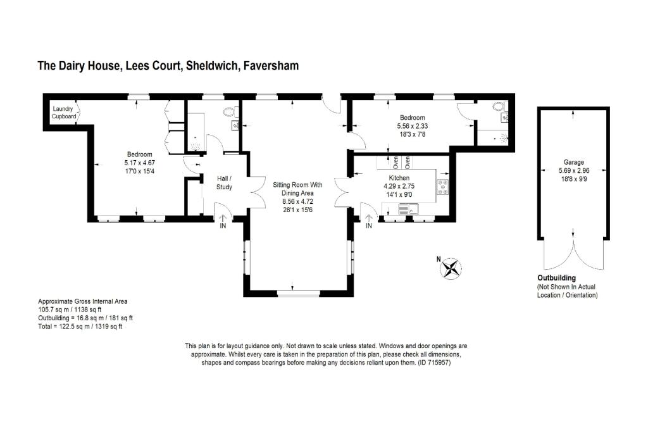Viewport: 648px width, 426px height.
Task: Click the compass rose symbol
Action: [451, 268]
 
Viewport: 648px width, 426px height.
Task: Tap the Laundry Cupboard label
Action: [64, 113]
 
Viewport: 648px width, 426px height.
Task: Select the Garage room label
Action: [573, 162]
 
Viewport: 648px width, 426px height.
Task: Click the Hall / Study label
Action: [224, 183]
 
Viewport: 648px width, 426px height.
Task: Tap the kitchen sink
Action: [405, 208]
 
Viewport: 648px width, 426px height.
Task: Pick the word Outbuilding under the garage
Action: [556, 278]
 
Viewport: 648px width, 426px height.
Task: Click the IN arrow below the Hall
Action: [223, 220]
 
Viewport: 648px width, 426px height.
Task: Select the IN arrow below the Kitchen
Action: [368, 220]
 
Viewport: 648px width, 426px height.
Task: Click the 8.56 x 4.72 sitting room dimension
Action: [297, 201]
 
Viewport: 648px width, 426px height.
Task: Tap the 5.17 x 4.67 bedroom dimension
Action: [139, 163]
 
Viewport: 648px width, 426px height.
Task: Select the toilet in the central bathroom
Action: [228, 113]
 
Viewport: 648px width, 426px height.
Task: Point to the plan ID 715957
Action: [434, 363]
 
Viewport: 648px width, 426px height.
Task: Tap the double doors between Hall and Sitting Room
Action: [256, 191]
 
